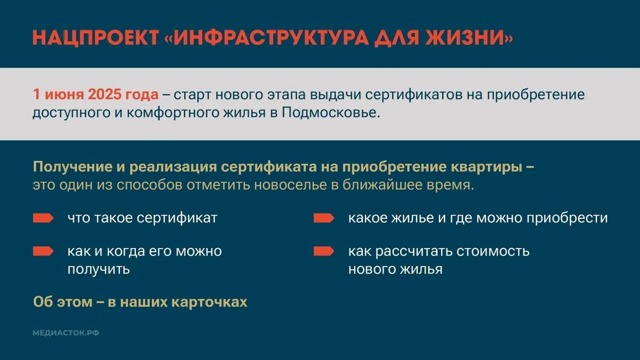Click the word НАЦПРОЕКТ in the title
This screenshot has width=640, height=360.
pos(95,37)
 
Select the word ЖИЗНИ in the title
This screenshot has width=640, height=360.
pos(464,37)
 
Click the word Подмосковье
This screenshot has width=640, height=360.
pos(331,112)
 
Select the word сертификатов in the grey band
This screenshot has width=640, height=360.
pos(413,95)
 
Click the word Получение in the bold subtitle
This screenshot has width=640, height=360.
pos(72,167)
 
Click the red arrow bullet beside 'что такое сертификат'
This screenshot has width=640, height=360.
pos(43,218)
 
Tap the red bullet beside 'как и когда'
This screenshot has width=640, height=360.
pos(43,251)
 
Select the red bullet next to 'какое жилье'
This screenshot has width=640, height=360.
pos(323,218)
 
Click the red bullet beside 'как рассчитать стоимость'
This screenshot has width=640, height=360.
pos(323,251)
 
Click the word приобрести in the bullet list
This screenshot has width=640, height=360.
pos(567,218)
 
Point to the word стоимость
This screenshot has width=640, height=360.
pos(493,251)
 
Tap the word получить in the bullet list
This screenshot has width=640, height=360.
pos(98,269)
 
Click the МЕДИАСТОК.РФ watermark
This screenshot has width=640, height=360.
pos(66,333)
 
